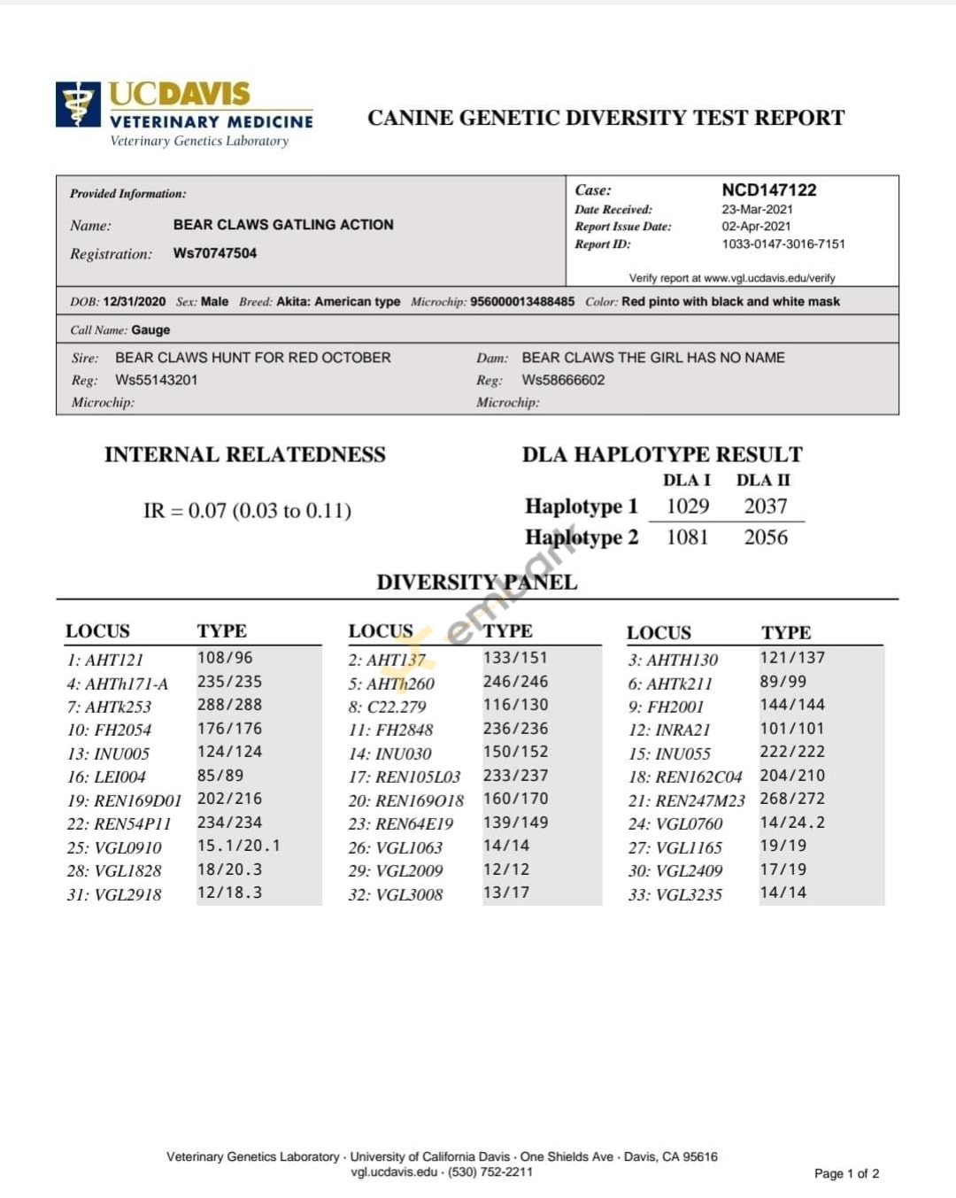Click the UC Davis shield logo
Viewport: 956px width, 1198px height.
tap(78, 104)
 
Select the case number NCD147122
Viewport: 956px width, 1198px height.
tap(768, 189)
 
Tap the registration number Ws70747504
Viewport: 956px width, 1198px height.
tap(215, 253)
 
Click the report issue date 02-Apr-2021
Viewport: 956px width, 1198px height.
tap(756, 227)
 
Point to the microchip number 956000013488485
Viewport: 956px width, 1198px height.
tap(522, 302)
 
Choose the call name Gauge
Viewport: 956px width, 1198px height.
tap(150, 330)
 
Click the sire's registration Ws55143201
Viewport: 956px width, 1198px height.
tap(157, 380)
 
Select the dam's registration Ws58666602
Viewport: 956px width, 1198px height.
tap(563, 380)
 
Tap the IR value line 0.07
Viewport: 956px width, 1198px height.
tap(247, 511)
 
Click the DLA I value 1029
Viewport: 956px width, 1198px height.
tap(688, 506)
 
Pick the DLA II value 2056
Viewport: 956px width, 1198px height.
tap(766, 537)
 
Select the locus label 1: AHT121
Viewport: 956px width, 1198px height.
tap(104, 660)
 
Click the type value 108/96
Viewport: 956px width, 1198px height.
tap(225, 658)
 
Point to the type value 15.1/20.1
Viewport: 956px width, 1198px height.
tap(238, 846)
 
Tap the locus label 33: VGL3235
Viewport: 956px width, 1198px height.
tap(675, 894)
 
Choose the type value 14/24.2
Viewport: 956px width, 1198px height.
tap(792, 823)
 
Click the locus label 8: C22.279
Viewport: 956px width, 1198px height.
tap(387, 707)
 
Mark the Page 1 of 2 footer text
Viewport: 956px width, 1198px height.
tap(846, 1173)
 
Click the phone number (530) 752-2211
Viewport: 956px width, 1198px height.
tap(490, 1171)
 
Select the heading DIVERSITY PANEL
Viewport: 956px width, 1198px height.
tap(476, 582)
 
